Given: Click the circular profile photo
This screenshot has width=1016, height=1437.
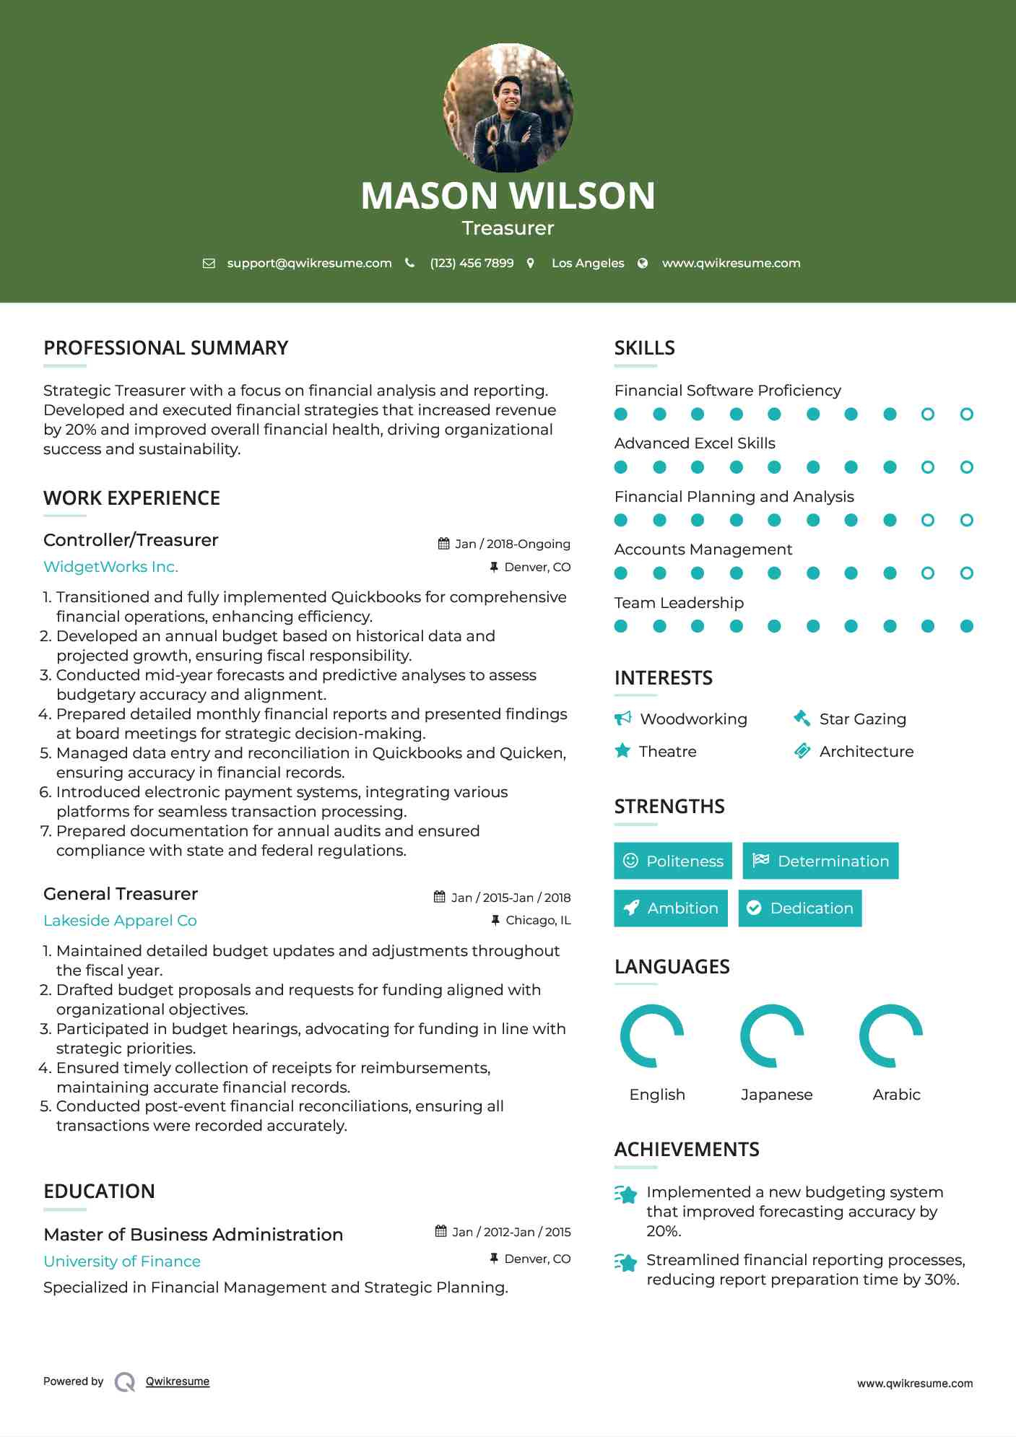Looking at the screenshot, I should pos(508,108).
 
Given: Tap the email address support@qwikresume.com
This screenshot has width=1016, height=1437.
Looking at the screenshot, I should pos(309,264).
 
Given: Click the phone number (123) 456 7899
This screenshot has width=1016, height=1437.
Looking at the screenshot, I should pos(472,264).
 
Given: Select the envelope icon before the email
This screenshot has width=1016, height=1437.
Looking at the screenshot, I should pos(209,264).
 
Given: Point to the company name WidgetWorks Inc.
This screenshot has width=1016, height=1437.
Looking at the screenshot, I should pos(110,567).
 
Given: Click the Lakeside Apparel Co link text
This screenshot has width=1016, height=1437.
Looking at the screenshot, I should pos(120,921).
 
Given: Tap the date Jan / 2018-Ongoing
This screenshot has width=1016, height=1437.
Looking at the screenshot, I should pos(512,544).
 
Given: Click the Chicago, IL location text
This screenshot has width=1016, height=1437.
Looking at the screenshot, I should pos(538,921).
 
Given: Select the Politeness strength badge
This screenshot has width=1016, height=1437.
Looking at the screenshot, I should pos(672,861).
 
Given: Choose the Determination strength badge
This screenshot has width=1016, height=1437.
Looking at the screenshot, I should pos(820,861).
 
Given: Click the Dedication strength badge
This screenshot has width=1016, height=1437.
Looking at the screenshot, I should pos(799,908).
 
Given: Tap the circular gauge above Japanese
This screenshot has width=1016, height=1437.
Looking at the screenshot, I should pos(772,1036).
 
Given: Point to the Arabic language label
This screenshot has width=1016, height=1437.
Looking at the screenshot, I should pos(896,1095).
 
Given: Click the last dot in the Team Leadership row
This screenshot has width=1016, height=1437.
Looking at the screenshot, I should pos(966,626).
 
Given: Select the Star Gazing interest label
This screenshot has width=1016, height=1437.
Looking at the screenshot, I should pos(862,719).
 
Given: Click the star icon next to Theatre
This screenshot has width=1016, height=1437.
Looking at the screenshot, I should pos(622,751).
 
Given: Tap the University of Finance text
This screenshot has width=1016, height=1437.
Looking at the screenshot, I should pos(122,1262).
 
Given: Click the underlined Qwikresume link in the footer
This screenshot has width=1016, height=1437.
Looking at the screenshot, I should pos(178,1381).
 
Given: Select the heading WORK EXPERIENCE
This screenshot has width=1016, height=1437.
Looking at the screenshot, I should pos(131,498).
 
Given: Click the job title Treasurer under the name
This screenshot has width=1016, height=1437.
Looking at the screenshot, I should pos(508,228).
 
